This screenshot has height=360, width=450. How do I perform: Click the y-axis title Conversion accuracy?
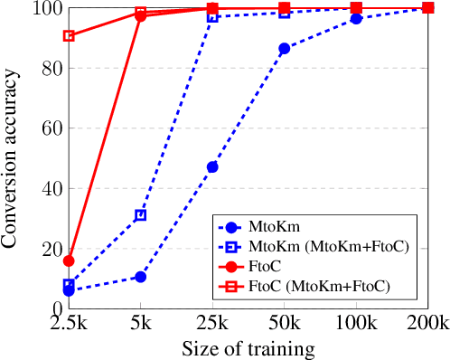pyautogui.click(x=13, y=158)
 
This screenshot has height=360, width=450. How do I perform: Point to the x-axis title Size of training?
pyautogui.click(x=248, y=348)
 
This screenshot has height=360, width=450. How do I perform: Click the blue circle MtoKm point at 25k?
pyautogui.click(x=212, y=167)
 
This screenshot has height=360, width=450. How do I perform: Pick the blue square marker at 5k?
pyautogui.click(x=141, y=215)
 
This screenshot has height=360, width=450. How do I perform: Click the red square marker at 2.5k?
pyautogui.click(x=69, y=36)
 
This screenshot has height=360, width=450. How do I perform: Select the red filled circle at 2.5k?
pyautogui.click(x=69, y=261)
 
